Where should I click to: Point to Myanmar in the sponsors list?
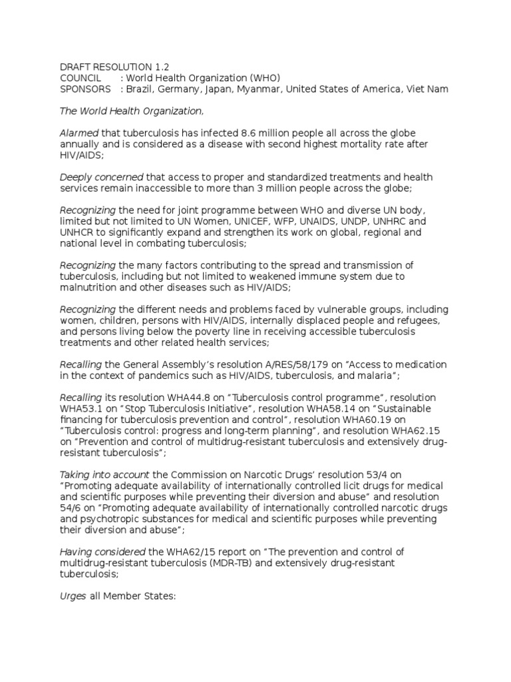click(267, 89)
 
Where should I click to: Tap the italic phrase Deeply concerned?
click(101, 177)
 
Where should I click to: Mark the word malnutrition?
click(90, 287)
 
